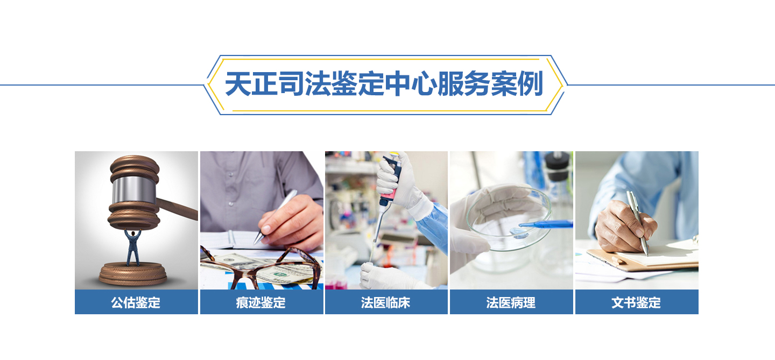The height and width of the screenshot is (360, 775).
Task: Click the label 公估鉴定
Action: click(x=136, y=302)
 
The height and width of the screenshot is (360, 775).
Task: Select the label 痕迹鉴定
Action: click(x=261, y=302)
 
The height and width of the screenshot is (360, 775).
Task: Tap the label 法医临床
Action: click(x=386, y=302)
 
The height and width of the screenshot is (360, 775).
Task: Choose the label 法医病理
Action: click(x=511, y=302)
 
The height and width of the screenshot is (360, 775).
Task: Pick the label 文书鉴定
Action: click(x=636, y=302)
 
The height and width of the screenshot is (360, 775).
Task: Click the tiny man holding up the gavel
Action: click(x=133, y=247)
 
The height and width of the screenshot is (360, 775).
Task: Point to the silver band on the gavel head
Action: click(x=134, y=189)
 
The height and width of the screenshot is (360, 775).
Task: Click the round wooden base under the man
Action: click(x=133, y=273)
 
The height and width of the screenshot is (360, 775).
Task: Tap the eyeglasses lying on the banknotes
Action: click(x=261, y=268)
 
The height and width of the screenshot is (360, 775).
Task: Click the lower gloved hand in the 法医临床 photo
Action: click(x=387, y=277)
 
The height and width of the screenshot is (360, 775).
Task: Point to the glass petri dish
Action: click(x=509, y=218)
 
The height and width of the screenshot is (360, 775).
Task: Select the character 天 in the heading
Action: click(x=238, y=84)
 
